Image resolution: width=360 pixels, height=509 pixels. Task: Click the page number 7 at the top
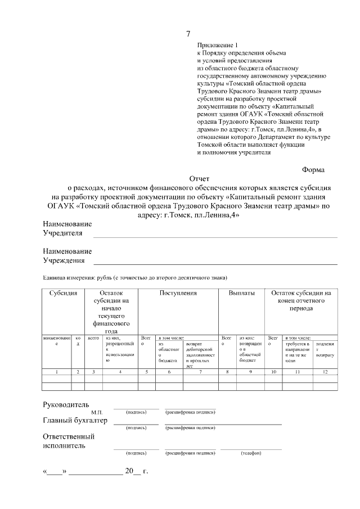pos(188,34)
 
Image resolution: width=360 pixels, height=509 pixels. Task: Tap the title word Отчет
pos(199,179)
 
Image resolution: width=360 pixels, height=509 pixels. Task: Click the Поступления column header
pos(178,294)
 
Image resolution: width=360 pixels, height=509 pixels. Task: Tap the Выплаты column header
pos(242,294)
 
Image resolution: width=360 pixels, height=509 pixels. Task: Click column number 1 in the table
pos(56,372)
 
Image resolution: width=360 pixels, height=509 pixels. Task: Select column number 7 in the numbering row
pos(197,372)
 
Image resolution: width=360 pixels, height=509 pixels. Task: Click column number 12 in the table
pos(326,372)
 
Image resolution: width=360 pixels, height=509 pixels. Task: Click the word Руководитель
pos(66,404)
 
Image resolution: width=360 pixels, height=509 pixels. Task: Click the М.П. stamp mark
pos(96,412)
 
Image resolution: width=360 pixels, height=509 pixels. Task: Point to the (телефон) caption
pos(250,453)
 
